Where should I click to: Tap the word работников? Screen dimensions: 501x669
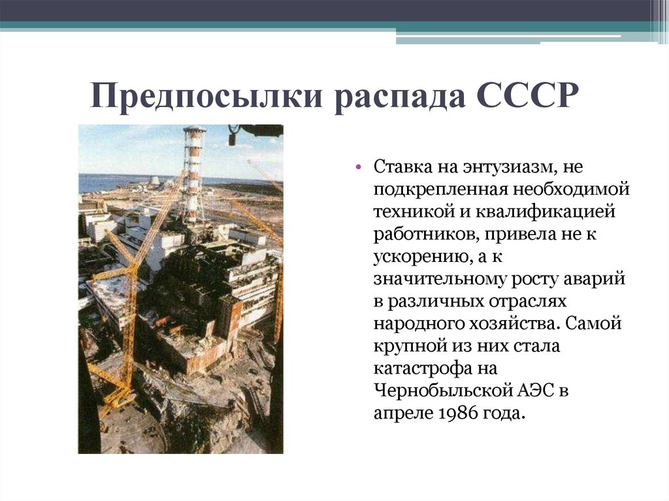(x=424, y=234)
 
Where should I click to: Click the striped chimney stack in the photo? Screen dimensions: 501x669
(x=193, y=173)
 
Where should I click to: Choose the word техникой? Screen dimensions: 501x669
(x=413, y=211)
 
